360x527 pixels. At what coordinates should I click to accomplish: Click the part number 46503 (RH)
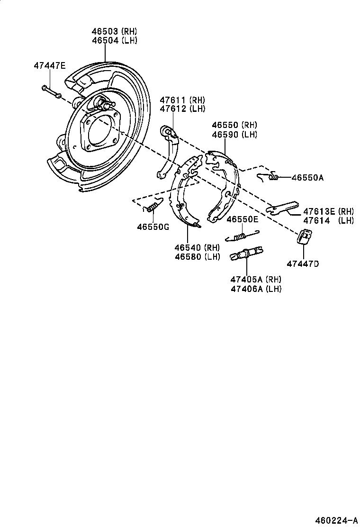point(114,31)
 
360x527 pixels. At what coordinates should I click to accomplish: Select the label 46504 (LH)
point(114,40)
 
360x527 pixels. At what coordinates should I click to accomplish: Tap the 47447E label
point(49,65)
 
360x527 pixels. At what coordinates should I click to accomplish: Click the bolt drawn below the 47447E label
point(51,91)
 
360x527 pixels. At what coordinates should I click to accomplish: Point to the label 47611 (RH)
point(182,100)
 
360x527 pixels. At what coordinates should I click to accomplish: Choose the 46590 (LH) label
point(234,134)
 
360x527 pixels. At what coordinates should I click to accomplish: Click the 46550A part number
point(307,178)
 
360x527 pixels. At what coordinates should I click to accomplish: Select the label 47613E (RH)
point(328,211)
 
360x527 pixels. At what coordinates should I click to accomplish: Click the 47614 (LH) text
point(328,220)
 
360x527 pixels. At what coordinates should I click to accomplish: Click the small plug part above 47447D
point(304,236)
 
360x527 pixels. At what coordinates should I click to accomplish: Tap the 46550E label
point(242,219)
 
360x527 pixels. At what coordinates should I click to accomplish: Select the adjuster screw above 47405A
point(246,254)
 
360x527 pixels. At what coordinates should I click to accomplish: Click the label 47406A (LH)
point(256,289)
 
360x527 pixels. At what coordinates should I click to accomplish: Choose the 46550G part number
point(153,227)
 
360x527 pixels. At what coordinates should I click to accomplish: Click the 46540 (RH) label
point(197,248)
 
